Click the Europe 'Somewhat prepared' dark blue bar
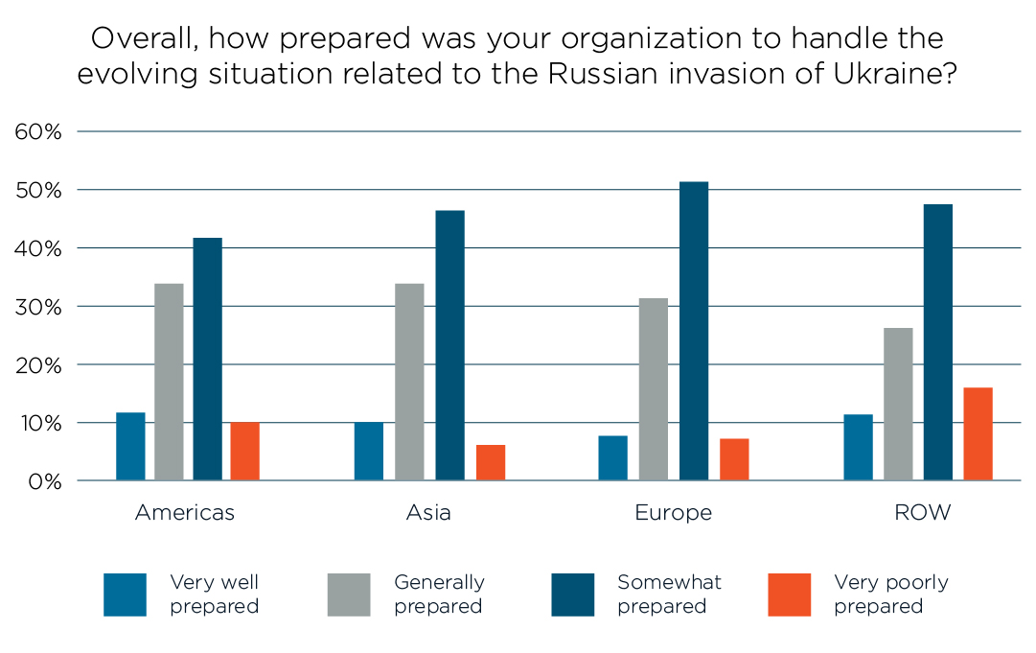[x=694, y=331]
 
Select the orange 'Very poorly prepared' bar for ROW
[x=978, y=433]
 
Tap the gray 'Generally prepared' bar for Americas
[x=169, y=382]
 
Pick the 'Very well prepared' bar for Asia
[x=369, y=451]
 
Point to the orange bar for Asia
[x=491, y=462]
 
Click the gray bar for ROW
[x=898, y=404]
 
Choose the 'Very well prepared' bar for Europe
[x=612, y=457]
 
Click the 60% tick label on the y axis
[x=38, y=132]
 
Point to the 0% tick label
[x=43, y=481]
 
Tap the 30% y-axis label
[x=38, y=307]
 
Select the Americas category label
[x=185, y=513]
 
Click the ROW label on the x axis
[x=922, y=513]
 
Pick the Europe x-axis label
[x=673, y=513]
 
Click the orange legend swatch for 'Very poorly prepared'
[x=790, y=595]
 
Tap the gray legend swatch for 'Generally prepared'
[x=349, y=595]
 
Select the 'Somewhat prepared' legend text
[x=669, y=595]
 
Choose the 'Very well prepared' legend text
[x=215, y=595]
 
